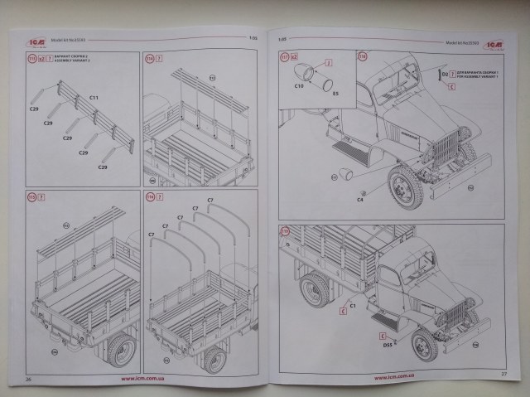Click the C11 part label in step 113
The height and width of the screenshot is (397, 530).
pyautogui.click(x=94, y=97)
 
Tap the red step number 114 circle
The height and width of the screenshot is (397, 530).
pyautogui.click(x=150, y=58)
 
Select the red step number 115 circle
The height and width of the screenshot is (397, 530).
pyautogui.click(x=33, y=197)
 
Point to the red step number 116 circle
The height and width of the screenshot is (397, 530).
pyautogui.click(x=150, y=197)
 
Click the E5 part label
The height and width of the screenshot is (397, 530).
pyautogui.click(x=335, y=94)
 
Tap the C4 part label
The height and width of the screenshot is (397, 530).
pyautogui.click(x=360, y=200)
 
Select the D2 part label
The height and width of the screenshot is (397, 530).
pyautogui.click(x=445, y=75)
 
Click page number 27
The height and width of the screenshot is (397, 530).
pyautogui.click(x=504, y=374)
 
